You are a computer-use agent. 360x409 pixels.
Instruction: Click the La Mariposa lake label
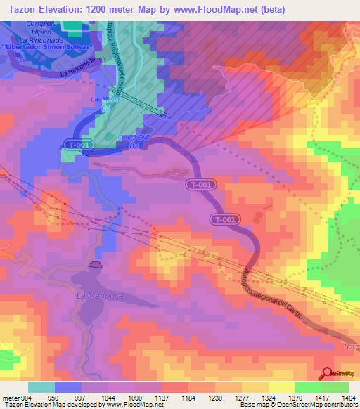coord(99,296)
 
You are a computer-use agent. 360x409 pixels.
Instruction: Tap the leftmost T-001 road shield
coord(79,144)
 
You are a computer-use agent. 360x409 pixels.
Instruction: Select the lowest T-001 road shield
coord(224,220)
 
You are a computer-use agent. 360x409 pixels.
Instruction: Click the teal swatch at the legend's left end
coord(41,387)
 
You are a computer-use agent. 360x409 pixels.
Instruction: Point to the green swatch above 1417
coord(308,387)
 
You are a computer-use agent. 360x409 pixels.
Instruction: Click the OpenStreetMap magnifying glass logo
coord(328,374)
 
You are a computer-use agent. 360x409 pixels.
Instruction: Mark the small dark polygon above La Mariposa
coord(96,265)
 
